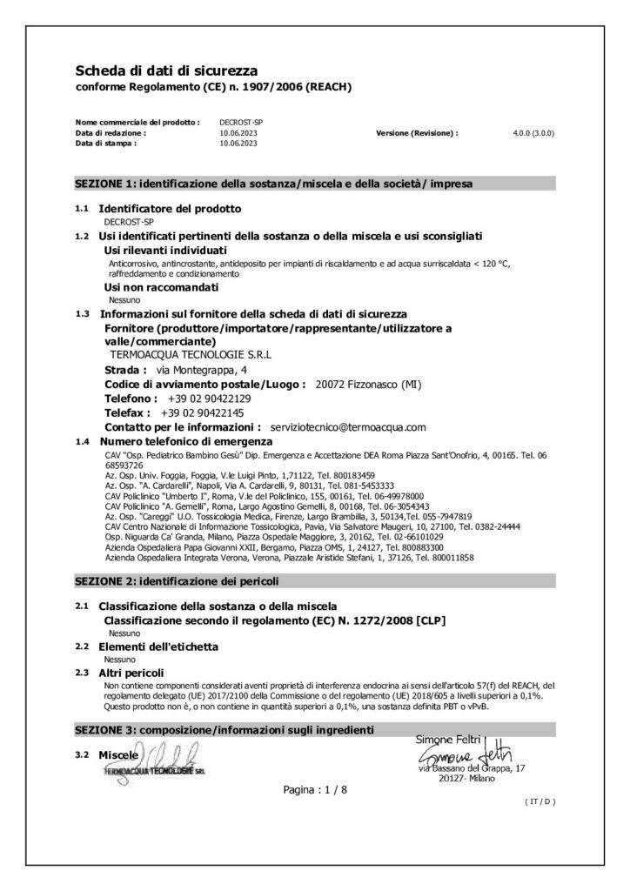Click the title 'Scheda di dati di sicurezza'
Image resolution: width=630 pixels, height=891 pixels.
click(x=165, y=70)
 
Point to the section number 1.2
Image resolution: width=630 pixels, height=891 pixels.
click(x=83, y=236)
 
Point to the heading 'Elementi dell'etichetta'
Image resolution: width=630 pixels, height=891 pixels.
click(x=158, y=646)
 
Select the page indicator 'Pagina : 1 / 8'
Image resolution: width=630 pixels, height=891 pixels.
click(x=314, y=789)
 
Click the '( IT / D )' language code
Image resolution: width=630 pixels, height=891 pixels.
click(x=540, y=801)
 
